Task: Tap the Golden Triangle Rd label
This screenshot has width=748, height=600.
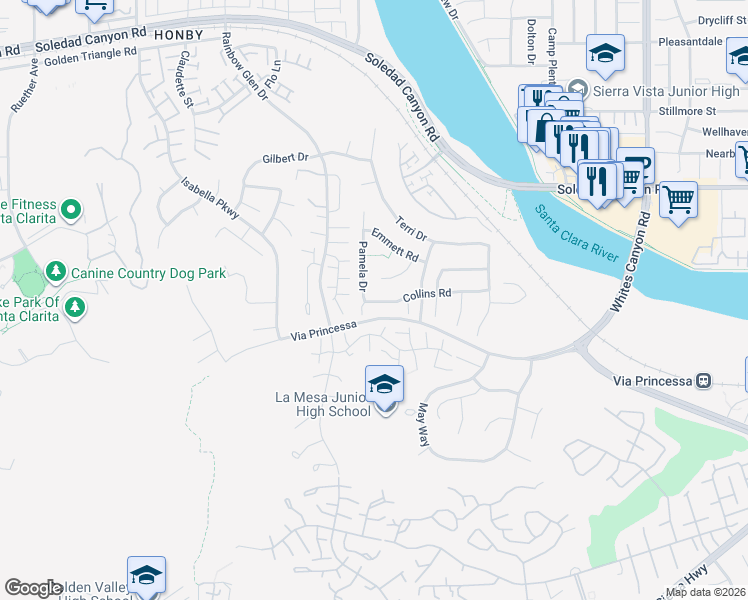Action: coord(88,57)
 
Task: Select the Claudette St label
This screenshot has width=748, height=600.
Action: coord(182,80)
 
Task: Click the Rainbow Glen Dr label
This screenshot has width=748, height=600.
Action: coord(244,66)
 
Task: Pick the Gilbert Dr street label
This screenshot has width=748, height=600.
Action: coord(286,158)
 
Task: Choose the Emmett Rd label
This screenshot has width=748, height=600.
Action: coord(394,245)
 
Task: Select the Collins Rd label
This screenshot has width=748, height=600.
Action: coord(427,294)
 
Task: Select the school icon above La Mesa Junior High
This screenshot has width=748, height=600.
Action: coord(384,385)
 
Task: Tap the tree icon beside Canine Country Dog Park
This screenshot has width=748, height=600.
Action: coord(56,272)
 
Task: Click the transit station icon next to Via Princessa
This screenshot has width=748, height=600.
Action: coord(704,381)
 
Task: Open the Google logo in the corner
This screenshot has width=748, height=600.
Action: coord(33,588)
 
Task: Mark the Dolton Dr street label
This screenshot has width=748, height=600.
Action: coord(531,39)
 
